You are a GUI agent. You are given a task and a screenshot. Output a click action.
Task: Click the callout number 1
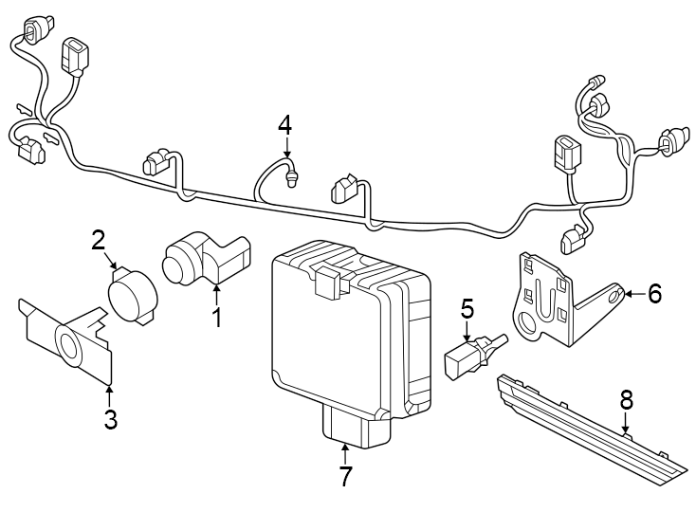tap(216, 317)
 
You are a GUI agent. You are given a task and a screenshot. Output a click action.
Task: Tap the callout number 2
tap(98, 239)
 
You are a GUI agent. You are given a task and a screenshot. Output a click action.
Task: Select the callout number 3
tap(110, 419)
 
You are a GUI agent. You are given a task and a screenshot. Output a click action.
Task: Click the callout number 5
tap(467, 307)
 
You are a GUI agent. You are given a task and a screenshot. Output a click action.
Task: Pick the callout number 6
tap(654, 294)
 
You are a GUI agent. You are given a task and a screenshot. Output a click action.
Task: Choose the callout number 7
tap(345, 476)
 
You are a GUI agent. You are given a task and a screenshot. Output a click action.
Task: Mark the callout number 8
tap(626, 400)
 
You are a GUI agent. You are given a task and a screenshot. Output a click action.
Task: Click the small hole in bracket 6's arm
tap(613, 296)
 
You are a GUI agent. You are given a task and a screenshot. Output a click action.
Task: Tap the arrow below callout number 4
tap(287, 146)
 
